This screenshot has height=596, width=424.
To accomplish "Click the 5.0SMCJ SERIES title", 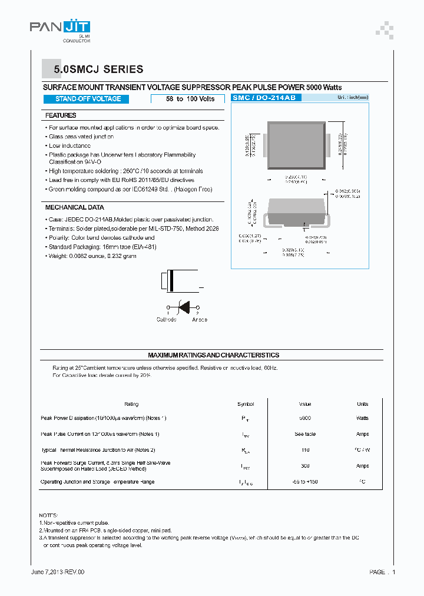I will pyautogui.click(x=98, y=69).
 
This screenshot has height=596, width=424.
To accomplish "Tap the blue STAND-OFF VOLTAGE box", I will pyautogui.click(x=88, y=99).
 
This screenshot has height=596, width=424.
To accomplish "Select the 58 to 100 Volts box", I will pyautogui.click(x=190, y=99).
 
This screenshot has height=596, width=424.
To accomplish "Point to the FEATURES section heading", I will pyautogui.click(x=61, y=115).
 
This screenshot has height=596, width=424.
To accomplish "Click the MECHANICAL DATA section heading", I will pyautogui.click(x=74, y=207).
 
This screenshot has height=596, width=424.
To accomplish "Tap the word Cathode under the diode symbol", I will pyautogui.click(x=166, y=320).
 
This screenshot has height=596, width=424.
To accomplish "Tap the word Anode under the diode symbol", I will pyautogui.click(x=200, y=320).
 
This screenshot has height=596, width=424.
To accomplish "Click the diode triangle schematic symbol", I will pyautogui.click(x=183, y=306).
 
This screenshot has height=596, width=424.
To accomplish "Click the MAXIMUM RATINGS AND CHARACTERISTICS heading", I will pyautogui.click(x=213, y=355).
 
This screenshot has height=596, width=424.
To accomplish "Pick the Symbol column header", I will pyautogui.click(x=245, y=404).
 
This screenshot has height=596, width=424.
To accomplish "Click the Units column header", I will pyautogui.click(x=362, y=404).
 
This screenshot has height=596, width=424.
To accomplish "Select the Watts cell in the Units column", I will pyautogui.click(x=362, y=418).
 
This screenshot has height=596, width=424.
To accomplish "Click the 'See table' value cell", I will pyautogui.click(x=305, y=434).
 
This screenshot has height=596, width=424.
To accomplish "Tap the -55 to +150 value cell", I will pyautogui.click(x=305, y=482).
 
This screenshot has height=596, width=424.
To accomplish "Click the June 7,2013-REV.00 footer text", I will pyautogui.click(x=57, y=572).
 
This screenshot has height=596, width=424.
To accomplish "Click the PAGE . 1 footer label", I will pyautogui.click(x=382, y=572).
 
